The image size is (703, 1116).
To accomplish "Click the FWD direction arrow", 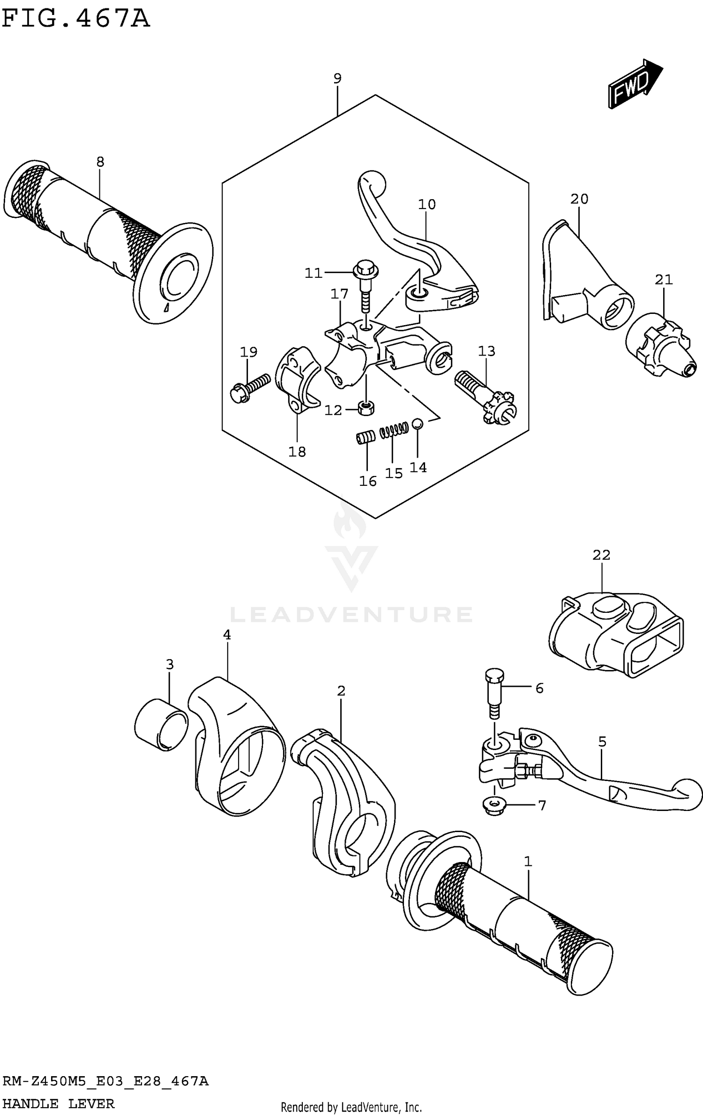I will coord(635,84).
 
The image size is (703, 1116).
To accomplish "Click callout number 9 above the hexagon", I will coord(337,78).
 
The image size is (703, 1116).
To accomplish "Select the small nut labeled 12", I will coord(366,408).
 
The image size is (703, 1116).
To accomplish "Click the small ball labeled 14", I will coord(417,424).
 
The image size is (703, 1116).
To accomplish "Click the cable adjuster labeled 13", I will coord(485,396).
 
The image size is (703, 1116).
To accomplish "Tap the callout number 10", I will coord(427,204).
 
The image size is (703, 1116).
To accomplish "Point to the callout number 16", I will coord(368,481).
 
